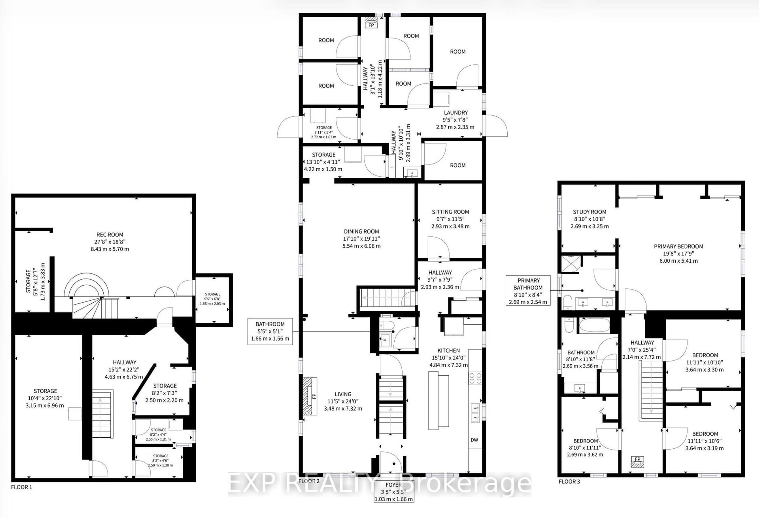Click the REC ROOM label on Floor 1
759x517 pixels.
pyautogui.click(x=110, y=235)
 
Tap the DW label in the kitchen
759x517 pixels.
pyautogui.click(x=474, y=440)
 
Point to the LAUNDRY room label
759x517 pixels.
pyautogui.click(x=456, y=113)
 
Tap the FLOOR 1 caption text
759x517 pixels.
pyautogui.click(x=22, y=487)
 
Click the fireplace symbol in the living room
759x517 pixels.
pyautogui.click(x=310, y=396)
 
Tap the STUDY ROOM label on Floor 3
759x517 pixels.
pyautogui.click(x=589, y=212)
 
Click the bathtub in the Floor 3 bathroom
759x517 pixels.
pyautogui.click(x=594, y=325)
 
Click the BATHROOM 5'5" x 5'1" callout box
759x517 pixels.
pyautogui.click(x=270, y=331)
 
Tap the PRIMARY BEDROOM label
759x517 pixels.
pyautogui.click(x=678, y=246)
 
